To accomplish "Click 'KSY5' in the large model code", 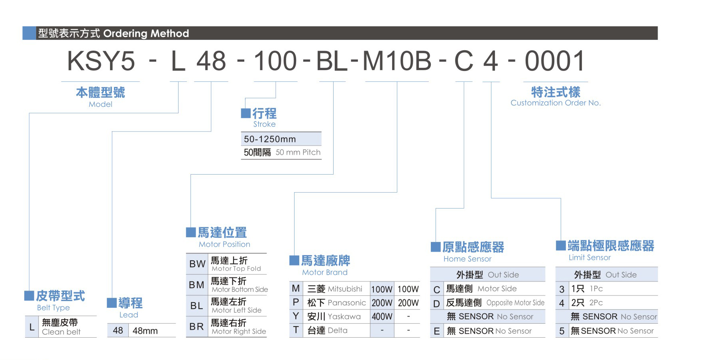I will (101, 62).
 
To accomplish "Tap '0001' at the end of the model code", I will (554, 62).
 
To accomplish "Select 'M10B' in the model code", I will (397, 62).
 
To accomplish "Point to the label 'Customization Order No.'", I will (555, 103).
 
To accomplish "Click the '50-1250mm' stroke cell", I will (270, 139).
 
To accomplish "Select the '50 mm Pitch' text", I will (298, 152).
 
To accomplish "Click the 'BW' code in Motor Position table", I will (197, 264).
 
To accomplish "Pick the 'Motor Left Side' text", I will (236, 310).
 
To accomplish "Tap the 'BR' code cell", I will (197, 327).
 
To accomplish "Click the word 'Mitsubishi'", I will (345, 289).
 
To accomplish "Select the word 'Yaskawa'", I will (344, 317).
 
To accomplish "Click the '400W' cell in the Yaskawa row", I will (382, 317).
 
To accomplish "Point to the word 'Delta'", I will (338, 330).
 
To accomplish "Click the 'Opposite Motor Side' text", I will (515, 303).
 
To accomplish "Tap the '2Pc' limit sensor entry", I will (596, 303).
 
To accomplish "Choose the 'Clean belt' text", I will (61, 332).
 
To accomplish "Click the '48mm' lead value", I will (145, 331).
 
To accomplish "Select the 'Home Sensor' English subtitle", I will (467, 259).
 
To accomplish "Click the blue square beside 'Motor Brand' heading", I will (294, 260).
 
